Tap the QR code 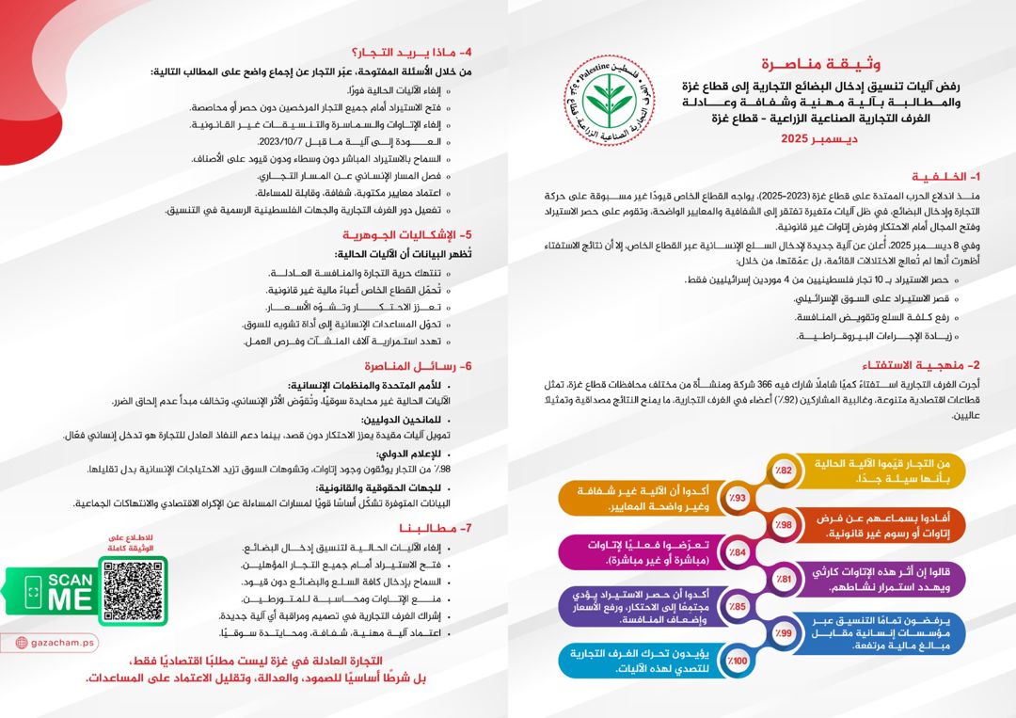133,591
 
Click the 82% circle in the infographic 785,470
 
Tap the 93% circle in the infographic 738,498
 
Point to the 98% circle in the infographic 785,525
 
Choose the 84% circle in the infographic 738,552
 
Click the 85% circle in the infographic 738,607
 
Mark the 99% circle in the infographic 785,634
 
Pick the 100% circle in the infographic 738,662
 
